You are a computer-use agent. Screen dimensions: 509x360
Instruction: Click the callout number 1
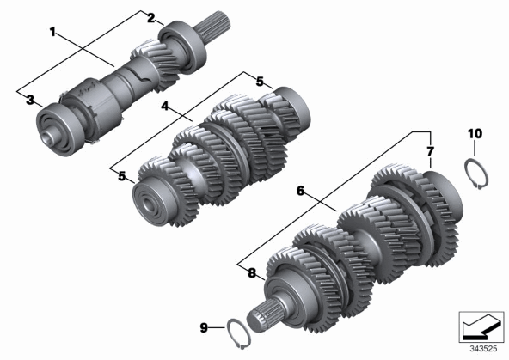coord(52,32)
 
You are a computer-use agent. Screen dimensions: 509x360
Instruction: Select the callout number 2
coord(151,18)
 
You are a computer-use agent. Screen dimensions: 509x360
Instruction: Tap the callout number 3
coord(30,100)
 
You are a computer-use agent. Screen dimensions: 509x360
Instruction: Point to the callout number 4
coord(165,106)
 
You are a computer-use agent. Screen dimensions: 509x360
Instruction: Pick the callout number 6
coord(301,191)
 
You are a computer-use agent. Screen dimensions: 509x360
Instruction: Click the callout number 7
coord(430,151)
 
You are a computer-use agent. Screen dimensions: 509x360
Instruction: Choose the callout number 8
coord(252,273)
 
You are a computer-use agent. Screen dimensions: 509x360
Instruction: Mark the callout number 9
coord(204,328)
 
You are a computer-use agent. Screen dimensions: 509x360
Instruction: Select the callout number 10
coord(475,133)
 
